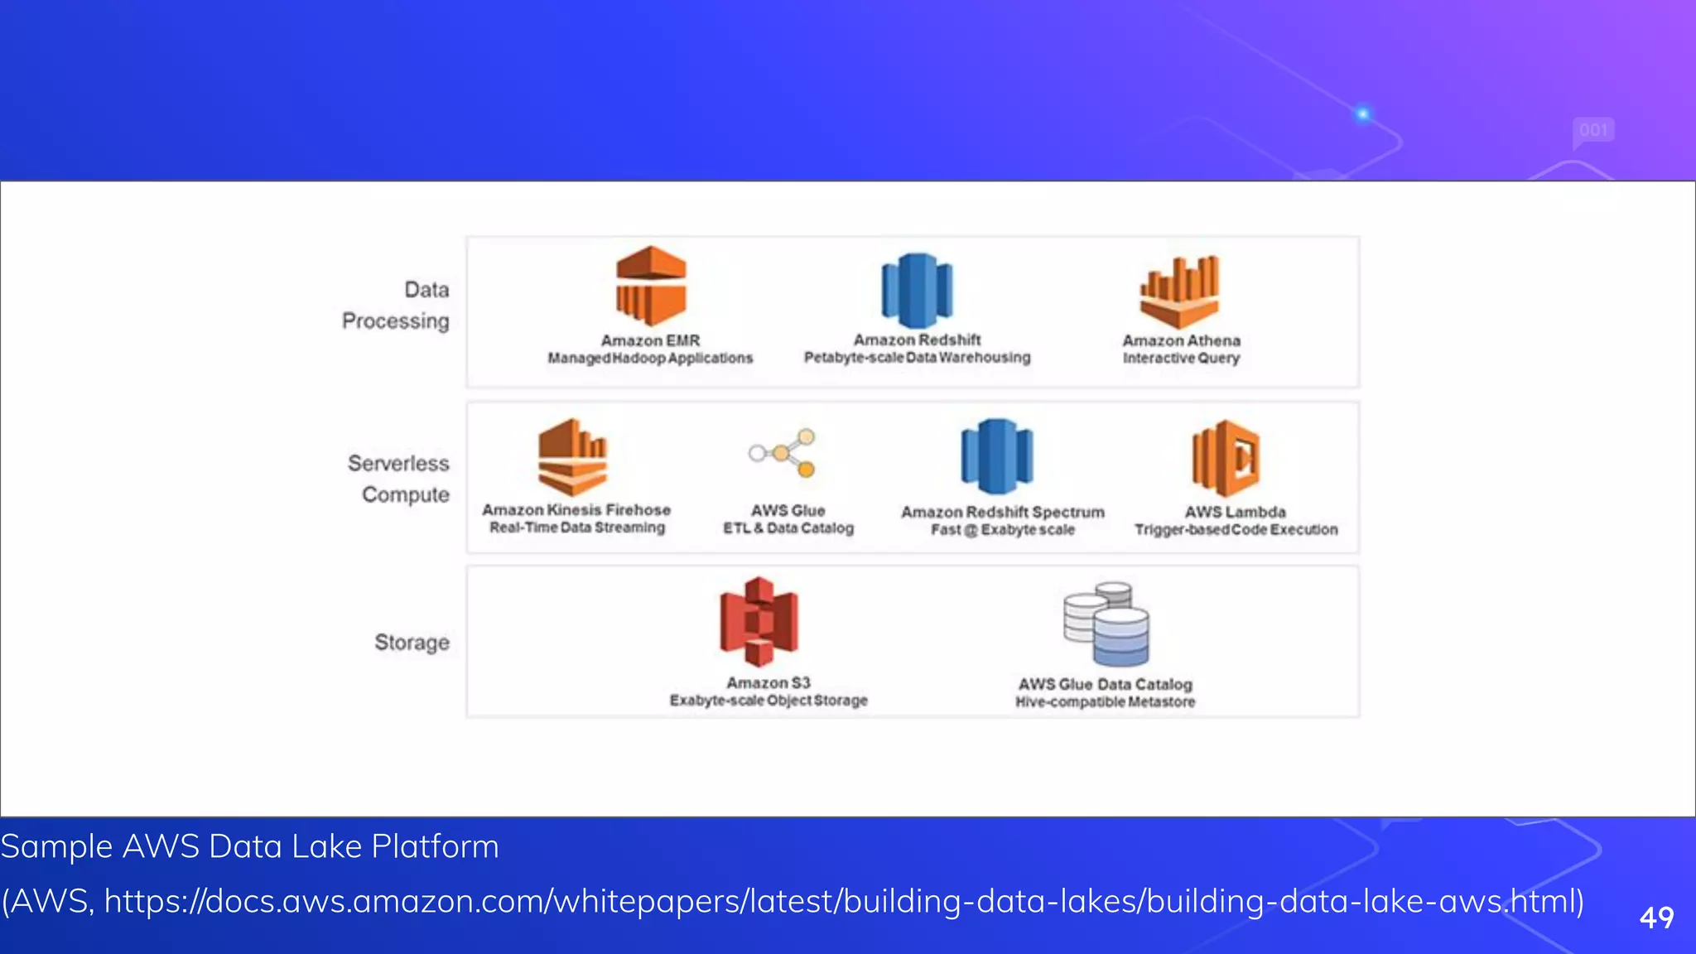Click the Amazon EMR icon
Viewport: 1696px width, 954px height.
coord(651,286)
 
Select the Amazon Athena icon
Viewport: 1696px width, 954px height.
coord(1180,291)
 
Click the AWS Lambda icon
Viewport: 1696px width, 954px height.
coord(1226,458)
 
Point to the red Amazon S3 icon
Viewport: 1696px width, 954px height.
coord(759,621)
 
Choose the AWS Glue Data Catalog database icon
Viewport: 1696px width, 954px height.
coord(1107,624)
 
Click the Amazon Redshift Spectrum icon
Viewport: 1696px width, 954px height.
coord(997,456)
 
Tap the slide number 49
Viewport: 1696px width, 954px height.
coord(1656,918)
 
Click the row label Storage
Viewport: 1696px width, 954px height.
coord(412,643)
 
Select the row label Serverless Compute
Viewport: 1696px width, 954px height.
coord(399,479)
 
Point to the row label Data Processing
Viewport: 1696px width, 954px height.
coord(396,306)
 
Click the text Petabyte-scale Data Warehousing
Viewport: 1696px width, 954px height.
coord(917,358)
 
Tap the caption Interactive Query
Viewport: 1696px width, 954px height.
coord(1181,359)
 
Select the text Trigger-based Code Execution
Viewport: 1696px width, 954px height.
coord(1236,530)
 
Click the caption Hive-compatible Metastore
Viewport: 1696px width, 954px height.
coord(1106,702)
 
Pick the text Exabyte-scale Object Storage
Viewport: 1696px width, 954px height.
coord(768,701)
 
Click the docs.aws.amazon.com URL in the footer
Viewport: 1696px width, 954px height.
coord(844,901)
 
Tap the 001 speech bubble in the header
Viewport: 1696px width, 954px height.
coord(1592,131)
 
